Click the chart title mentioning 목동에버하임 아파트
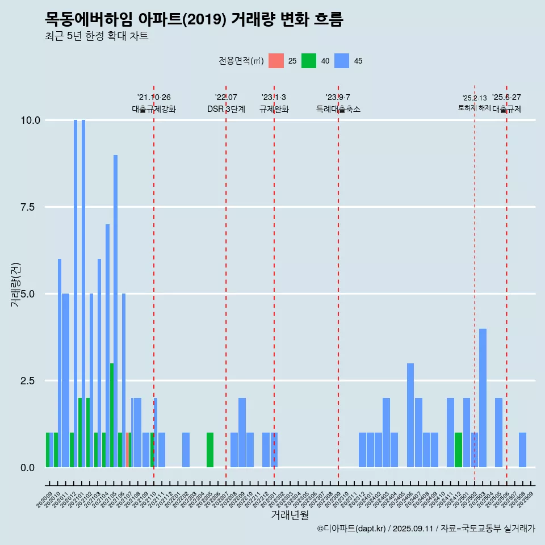point(194,19)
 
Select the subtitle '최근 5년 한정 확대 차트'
point(97,36)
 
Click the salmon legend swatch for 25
point(276,61)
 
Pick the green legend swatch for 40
point(309,61)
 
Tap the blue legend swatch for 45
point(342,61)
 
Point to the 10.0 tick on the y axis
point(30,120)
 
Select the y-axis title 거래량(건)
point(15,284)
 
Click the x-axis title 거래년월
point(290,515)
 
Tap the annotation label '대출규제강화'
point(154,109)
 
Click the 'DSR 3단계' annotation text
point(226,109)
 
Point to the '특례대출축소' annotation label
point(338,109)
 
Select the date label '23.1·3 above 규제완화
point(274,97)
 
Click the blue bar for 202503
point(483,397)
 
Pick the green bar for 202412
point(458,450)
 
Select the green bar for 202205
point(210,450)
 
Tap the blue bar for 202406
point(410,415)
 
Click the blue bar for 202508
point(522,450)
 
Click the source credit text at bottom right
point(426,529)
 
